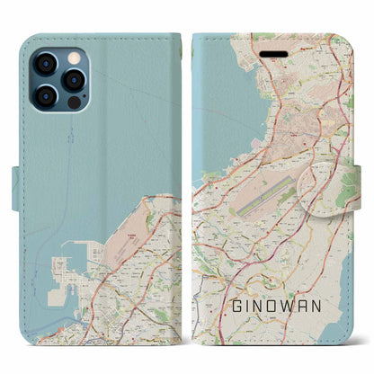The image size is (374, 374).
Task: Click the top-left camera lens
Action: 44,66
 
